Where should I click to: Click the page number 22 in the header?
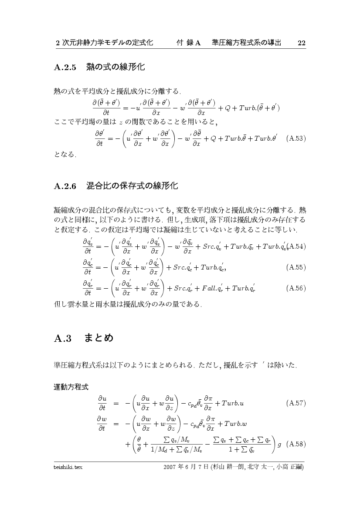301,43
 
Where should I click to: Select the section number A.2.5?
65,67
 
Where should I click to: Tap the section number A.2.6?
65,186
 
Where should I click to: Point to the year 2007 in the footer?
170,467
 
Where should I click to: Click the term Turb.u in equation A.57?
232,403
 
